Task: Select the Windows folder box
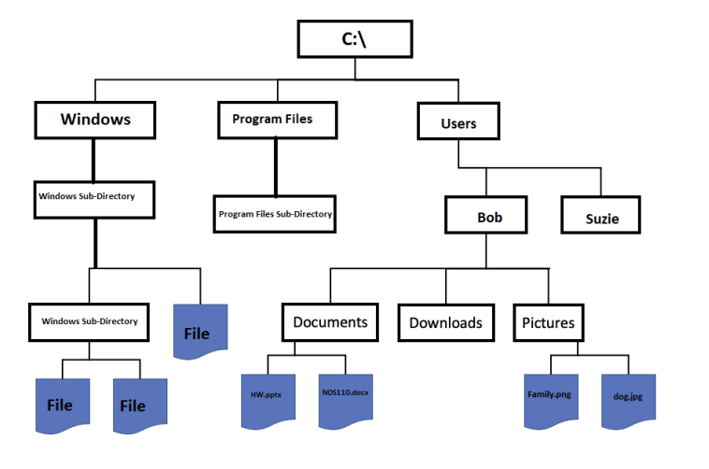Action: [x=94, y=120]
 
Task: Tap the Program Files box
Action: [x=272, y=120]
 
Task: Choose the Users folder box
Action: [x=458, y=122]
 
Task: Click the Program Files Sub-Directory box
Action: [x=275, y=214]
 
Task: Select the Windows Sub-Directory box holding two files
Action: [x=89, y=321]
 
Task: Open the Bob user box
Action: [x=489, y=217]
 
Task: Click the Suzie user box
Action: [x=601, y=220]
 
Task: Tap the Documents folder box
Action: [x=330, y=322]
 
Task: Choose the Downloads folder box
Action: [x=445, y=322]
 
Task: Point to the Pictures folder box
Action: [x=549, y=323]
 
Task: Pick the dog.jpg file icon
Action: [x=628, y=399]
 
